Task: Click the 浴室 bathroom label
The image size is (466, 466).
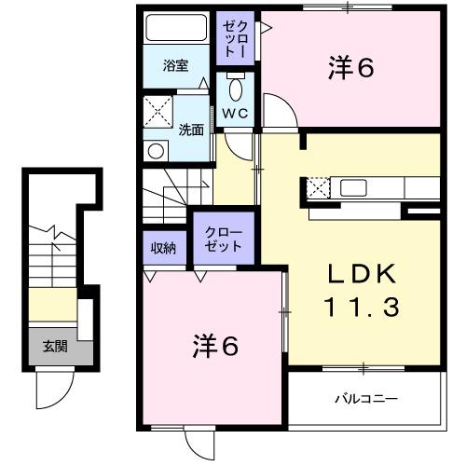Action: (x=175, y=66)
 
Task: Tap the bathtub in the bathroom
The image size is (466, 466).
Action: (x=177, y=29)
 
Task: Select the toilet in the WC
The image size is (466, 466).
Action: (x=236, y=90)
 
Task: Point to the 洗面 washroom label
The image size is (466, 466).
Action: (x=191, y=130)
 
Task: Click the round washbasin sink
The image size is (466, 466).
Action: (x=157, y=149)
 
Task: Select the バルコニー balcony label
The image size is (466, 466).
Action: (x=366, y=399)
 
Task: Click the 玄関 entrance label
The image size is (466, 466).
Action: (x=55, y=347)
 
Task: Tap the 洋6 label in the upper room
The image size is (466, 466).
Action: (x=350, y=68)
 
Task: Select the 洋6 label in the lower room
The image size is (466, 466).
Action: (x=215, y=346)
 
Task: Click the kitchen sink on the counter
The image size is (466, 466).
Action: (x=355, y=186)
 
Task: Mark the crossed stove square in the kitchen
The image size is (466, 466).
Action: (x=318, y=186)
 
